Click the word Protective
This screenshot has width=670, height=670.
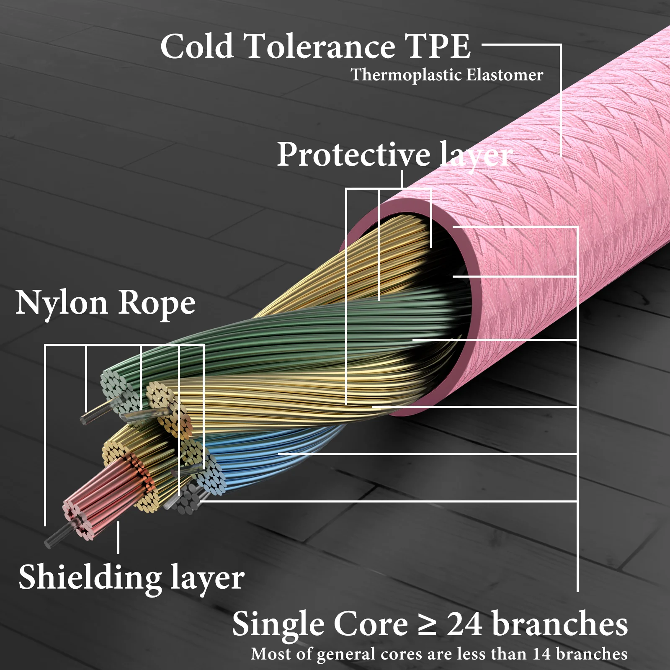[x=353, y=155]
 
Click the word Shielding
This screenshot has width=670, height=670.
[x=90, y=577]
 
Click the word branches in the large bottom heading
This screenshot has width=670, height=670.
[x=560, y=624]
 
